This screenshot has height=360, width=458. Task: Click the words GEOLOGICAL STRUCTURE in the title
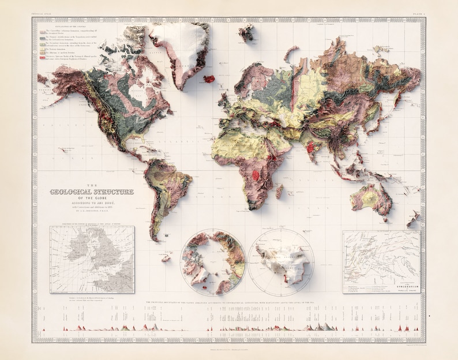[92, 192]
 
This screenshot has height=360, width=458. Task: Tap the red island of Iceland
[209, 78]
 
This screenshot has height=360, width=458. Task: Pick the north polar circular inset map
[213, 262]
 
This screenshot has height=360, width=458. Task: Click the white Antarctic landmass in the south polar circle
[283, 263]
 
